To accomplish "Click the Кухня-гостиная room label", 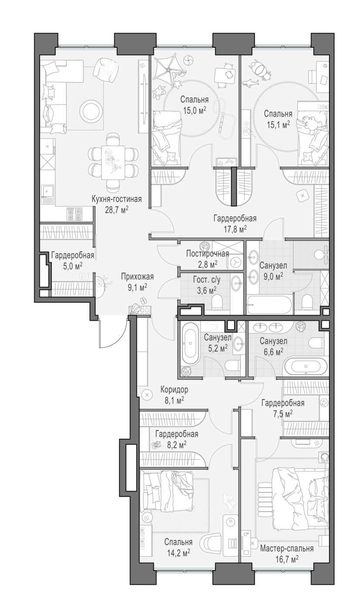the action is [116, 199].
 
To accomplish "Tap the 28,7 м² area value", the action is [116, 210].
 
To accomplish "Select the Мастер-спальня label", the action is [287, 548].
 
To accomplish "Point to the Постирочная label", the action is [207, 254].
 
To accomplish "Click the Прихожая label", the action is [137, 277].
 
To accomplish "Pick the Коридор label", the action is [174, 390].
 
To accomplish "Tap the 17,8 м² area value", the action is [235, 229].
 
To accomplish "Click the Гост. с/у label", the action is [207, 280].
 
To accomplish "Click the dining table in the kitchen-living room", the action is [113, 163].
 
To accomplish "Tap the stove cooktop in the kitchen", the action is [75, 214].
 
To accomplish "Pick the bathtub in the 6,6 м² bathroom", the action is [305, 366].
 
